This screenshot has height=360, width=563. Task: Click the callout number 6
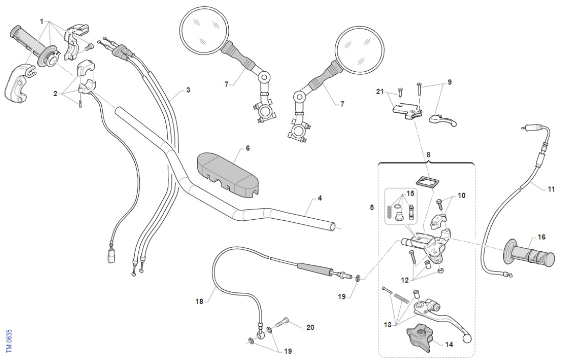tap(248, 148)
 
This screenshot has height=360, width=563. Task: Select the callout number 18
tap(199, 302)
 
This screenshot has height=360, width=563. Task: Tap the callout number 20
tap(310, 327)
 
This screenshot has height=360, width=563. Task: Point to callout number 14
tap(449, 345)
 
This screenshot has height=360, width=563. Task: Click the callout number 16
tap(542, 237)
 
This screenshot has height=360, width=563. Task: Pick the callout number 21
tap(379, 92)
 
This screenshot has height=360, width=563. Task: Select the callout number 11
tap(551, 189)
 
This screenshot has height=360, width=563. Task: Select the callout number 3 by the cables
tap(188, 90)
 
